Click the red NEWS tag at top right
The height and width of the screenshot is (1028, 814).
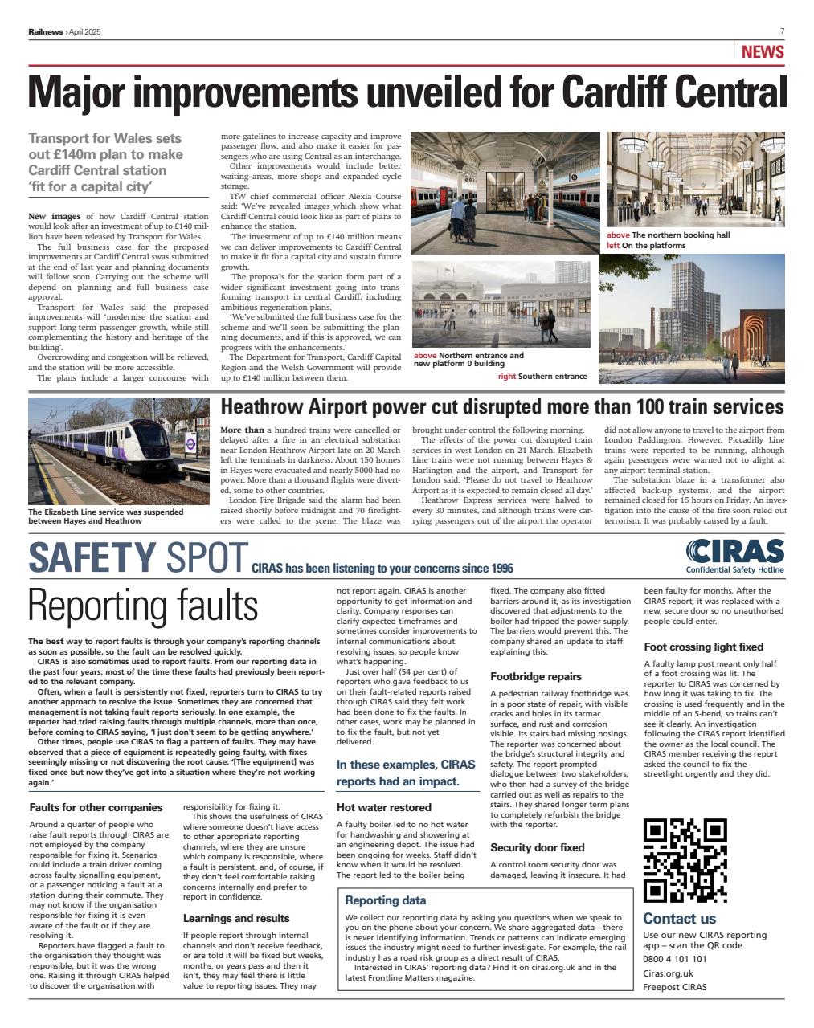[x=762, y=52]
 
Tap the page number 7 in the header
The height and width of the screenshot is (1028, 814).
[x=781, y=31]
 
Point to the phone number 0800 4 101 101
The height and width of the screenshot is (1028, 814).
[x=675, y=959]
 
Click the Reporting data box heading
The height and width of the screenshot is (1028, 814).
[x=385, y=900]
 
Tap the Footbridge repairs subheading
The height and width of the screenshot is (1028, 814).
[x=535, y=676]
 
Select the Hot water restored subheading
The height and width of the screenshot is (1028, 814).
[x=383, y=807]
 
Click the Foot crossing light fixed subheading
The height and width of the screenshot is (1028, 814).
[x=703, y=647]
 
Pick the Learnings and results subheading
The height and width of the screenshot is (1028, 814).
[x=236, y=918]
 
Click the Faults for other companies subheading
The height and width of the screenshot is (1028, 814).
[x=96, y=807]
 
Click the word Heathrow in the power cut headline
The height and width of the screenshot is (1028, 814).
[x=276, y=406]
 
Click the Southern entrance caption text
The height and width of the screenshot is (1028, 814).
[x=553, y=376]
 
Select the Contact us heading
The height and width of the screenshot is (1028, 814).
[x=679, y=918]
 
